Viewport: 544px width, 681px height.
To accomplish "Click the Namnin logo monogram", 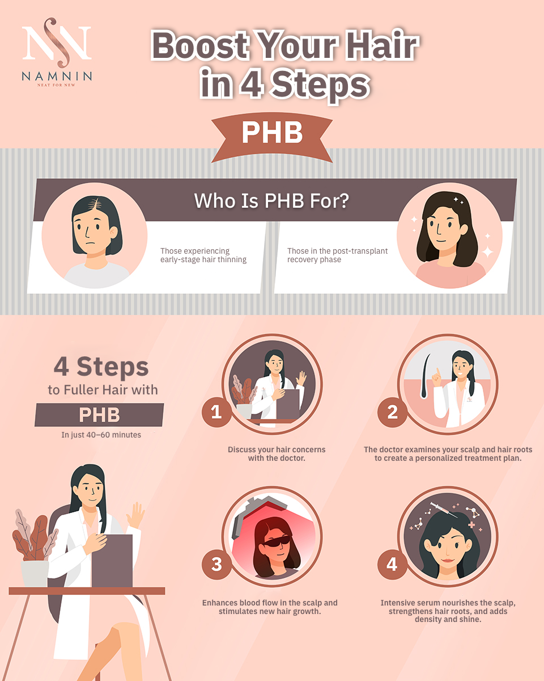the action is click(x=57, y=43).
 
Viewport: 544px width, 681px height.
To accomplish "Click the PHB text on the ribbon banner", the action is click(x=272, y=133).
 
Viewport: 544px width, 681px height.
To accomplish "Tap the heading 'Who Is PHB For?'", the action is click(x=271, y=201).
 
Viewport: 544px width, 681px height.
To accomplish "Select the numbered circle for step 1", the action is click(x=216, y=412).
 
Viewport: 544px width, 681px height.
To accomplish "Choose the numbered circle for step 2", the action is click(x=392, y=412).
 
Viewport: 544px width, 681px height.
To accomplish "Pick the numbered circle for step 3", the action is click(x=216, y=564).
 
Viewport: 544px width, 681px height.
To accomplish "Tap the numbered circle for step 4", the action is click(x=392, y=564).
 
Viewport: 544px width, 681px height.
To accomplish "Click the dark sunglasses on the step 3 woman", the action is click(x=277, y=540).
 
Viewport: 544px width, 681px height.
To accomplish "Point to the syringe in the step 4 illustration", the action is click(x=444, y=510).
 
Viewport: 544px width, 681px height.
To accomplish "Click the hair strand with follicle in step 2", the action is click(x=426, y=376).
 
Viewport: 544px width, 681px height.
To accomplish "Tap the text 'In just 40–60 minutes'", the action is click(x=101, y=435).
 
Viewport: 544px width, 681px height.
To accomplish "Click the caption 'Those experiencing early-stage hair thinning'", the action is click(x=203, y=255).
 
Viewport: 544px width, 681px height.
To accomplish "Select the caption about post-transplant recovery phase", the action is click(x=337, y=255).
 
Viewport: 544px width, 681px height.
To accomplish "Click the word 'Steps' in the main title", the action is click(x=321, y=85).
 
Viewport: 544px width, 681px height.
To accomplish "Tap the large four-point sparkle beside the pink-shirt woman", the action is click(x=487, y=252).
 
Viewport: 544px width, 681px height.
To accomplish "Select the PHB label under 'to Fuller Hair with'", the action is click(x=99, y=415).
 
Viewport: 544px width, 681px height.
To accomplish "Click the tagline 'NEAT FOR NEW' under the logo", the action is click(x=56, y=85).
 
